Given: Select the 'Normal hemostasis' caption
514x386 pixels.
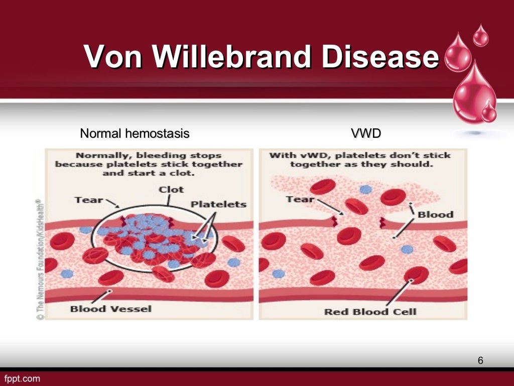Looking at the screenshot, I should coord(135,134).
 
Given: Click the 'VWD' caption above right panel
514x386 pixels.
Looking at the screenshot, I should coord(365,134).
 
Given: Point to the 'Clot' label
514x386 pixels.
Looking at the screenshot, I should coord(171,189).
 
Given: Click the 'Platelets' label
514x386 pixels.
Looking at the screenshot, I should coord(218,204).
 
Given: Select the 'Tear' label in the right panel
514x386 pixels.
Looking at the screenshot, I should coord(300,199).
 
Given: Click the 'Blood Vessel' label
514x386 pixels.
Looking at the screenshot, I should coord(110,308).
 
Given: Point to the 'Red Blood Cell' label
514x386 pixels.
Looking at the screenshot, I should coord(370,312).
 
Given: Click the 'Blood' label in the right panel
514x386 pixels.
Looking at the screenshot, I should coord(435,214).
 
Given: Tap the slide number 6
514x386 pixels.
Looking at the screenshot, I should coord(480,360).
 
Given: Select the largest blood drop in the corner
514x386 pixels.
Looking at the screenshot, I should coord(474,93).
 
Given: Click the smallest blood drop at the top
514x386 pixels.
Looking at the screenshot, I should coord(481,36).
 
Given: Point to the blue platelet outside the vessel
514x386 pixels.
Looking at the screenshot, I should coord(366,189).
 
